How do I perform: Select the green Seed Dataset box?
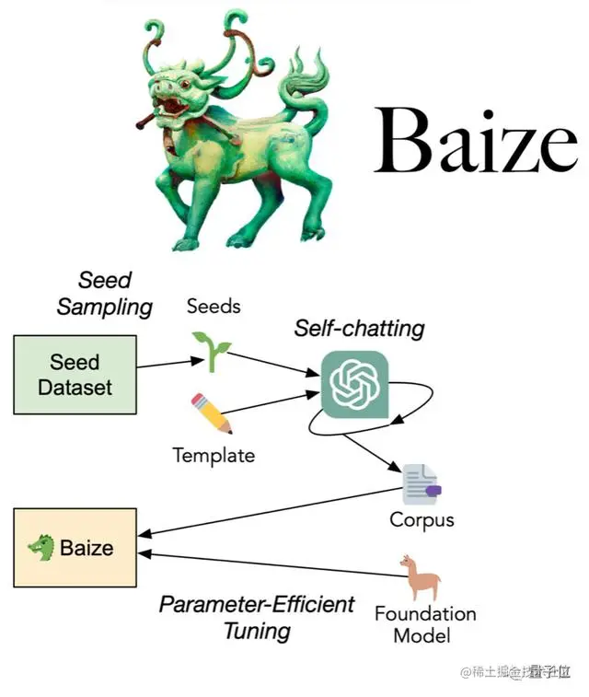(75, 375)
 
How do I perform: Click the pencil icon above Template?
(212, 413)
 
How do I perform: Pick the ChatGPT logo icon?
(354, 384)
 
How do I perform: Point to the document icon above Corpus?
(422, 484)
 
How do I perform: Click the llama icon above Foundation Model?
(422, 578)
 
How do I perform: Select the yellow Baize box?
(75, 548)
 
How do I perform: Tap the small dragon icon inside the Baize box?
(41, 549)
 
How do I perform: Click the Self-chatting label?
(359, 327)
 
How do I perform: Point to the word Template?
(214, 454)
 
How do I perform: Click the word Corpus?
(422, 519)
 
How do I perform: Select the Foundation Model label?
(425, 624)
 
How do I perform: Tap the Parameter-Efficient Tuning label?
(257, 617)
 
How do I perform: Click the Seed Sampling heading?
(104, 293)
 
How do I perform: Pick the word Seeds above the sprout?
(214, 306)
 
